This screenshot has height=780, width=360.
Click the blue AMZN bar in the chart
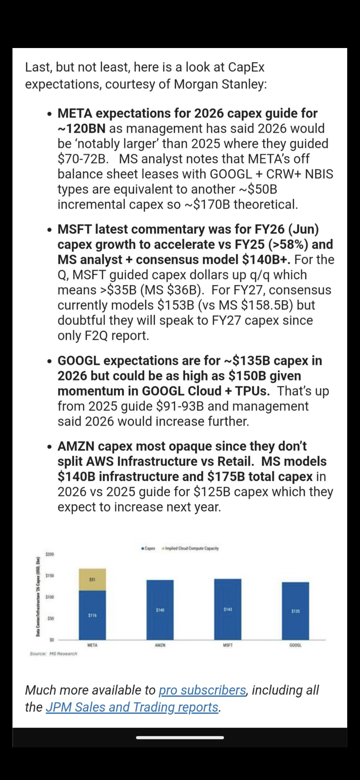coord(160,610)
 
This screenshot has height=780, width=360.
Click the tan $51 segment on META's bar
coord(92,580)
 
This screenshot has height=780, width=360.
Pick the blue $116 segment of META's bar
coord(92,615)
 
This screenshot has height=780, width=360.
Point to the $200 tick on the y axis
coord(50,554)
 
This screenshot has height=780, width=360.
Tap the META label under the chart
coord(92,646)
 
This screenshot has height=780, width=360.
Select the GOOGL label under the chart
coord(295,646)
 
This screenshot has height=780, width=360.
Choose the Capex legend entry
coord(148,548)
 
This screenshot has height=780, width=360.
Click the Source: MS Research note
coord(53,654)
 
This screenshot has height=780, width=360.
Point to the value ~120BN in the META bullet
coord(81,128)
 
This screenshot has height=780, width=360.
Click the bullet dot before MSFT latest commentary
coord(49,230)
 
